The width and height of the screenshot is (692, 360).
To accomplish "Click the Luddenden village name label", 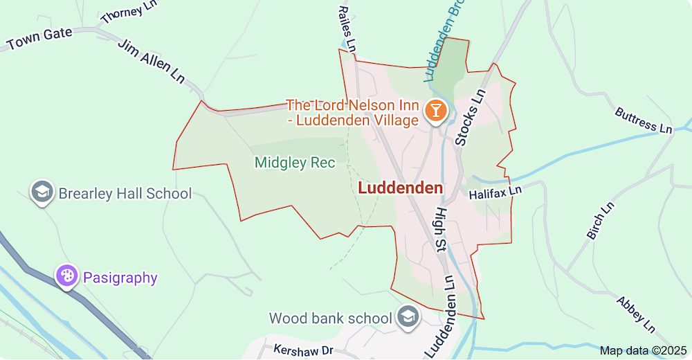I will [x=401, y=188].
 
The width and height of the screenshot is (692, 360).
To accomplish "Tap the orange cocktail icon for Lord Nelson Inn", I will [x=435, y=109].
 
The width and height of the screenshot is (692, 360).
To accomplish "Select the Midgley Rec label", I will [x=295, y=163].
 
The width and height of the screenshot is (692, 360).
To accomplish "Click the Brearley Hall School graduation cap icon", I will [x=42, y=192].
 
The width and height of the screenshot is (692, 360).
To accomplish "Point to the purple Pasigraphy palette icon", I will [x=67, y=277].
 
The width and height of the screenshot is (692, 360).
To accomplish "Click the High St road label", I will [x=440, y=228].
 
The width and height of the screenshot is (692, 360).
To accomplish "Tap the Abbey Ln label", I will [x=635, y=314].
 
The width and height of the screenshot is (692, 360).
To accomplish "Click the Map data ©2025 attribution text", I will [x=641, y=351].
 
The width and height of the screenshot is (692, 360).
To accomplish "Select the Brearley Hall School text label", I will [x=125, y=193].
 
